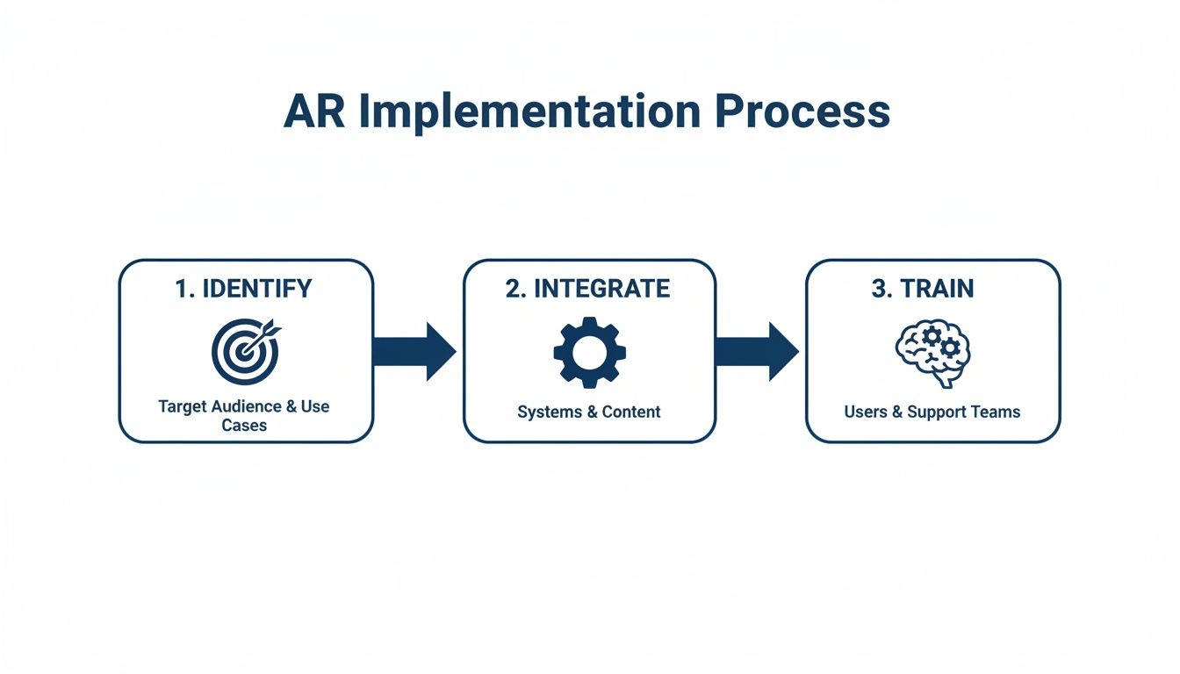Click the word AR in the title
tap(314, 111)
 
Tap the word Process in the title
tap(802, 111)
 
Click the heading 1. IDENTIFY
tap(244, 290)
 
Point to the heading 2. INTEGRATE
tap(588, 290)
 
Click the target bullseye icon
tap(244, 352)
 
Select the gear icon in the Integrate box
tap(589, 352)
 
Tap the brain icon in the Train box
tap(932, 352)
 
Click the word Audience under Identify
tap(244, 407)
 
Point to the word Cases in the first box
tap(244, 426)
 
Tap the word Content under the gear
tap(630, 412)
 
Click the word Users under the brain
tap(866, 412)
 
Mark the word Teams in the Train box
tap(997, 412)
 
